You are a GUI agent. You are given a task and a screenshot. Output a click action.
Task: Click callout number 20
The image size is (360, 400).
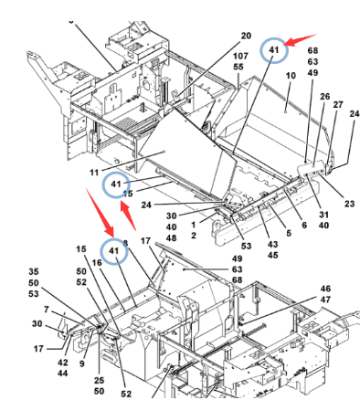pos(246,36)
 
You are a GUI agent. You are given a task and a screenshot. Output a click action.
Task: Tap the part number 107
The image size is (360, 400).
pos(240,56)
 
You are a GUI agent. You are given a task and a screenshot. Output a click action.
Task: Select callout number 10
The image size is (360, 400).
pos(291,75)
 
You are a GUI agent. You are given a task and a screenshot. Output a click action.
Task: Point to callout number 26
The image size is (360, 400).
pos(324,97)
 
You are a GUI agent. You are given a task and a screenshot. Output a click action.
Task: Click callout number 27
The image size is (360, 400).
pos(338,104)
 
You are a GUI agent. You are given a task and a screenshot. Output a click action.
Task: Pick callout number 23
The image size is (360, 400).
pos(349,204)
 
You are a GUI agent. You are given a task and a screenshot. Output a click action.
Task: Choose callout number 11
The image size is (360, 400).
pos(94,173)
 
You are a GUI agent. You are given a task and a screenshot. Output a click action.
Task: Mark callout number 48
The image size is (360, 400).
pos(171,237)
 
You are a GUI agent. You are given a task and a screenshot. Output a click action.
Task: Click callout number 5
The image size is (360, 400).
pos(289,233)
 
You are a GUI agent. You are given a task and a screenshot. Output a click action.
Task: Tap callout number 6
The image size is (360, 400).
pos(304,225)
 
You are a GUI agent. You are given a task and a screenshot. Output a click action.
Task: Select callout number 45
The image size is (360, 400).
pos(273,255)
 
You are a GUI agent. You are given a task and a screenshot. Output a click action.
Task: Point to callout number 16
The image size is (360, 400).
pos(97,262)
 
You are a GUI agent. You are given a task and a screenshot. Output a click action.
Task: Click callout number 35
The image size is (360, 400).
pos(34,271)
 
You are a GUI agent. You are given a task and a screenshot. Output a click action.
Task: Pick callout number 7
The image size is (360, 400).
pos(46,310)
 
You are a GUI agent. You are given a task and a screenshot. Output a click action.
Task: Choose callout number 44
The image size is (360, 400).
pos(63,374)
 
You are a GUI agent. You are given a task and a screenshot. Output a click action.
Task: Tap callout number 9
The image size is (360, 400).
pos(81,363)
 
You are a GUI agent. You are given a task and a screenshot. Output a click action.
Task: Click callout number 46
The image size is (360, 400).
pos(325,289)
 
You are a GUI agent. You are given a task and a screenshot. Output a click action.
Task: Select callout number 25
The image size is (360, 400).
pos(99,380)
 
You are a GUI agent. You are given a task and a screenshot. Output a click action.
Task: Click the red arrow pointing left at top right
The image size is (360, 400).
pos(300,40)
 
